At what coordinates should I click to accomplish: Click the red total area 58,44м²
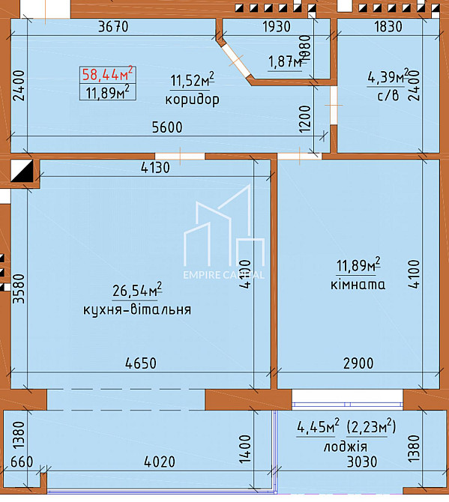(x=107, y=74)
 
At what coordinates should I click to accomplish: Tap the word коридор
(x=193, y=100)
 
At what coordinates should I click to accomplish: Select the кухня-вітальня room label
(x=137, y=309)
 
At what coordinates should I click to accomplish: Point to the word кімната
(x=358, y=285)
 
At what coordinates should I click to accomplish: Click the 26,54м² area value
(x=137, y=290)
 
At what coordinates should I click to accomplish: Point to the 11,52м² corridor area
(x=193, y=80)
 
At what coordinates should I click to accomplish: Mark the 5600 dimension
(x=167, y=128)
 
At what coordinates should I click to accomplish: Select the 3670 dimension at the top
(x=113, y=26)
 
